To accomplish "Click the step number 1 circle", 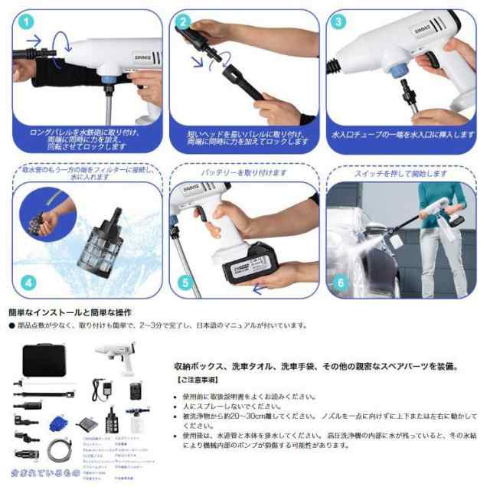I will point(27,21).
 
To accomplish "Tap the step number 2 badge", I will point(185,21).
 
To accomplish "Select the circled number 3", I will point(339,21).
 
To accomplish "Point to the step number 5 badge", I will point(184,283).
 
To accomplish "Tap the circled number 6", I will point(339,283).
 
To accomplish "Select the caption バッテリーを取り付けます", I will point(244,174).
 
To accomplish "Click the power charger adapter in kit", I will point(100,388).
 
